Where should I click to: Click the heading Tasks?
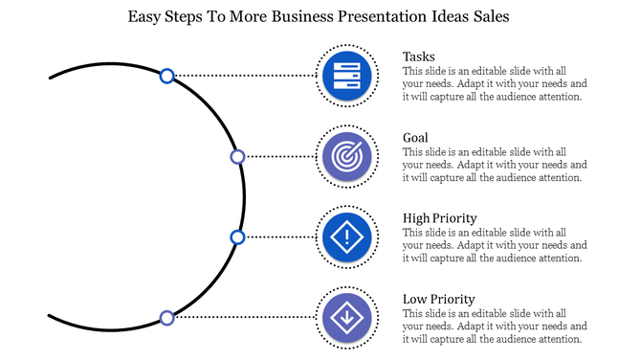click(x=419, y=56)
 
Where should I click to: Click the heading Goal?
click(x=415, y=137)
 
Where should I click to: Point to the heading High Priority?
click(x=440, y=218)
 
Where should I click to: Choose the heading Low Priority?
click(x=438, y=299)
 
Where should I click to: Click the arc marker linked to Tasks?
click(x=166, y=75)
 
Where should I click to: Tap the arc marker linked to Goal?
click(x=237, y=156)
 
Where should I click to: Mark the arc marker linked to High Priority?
click(x=237, y=236)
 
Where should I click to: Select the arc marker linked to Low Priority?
click(x=166, y=317)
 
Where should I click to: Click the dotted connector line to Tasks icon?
click(x=244, y=75)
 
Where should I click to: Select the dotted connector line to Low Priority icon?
click(x=244, y=317)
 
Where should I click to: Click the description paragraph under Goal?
click(x=492, y=165)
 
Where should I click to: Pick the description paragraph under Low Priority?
click(x=492, y=326)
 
